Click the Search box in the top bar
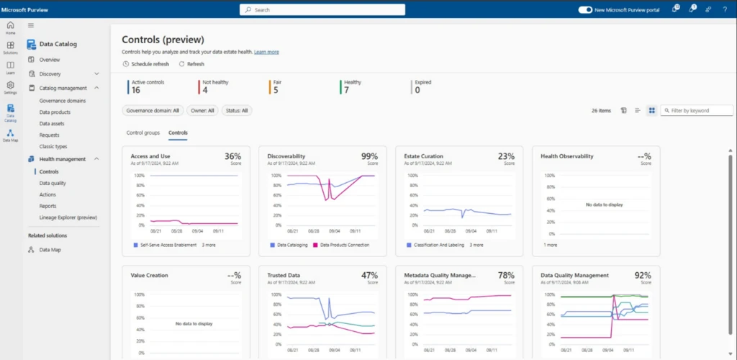pyautogui.click(x=322, y=10)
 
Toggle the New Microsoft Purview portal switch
pyautogui.click(x=585, y=10)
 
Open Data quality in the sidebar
pyautogui.click(x=53, y=183)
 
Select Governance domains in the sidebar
pyautogui.click(x=63, y=101)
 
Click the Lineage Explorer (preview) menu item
pyautogui.click(x=68, y=217)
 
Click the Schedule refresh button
pyautogui.click(x=146, y=64)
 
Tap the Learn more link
pyautogui.click(x=266, y=52)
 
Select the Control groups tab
pyautogui.click(x=143, y=132)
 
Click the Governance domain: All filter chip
pyautogui.click(x=153, y=111)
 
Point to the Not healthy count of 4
pyautogui.click(x=205, y=90)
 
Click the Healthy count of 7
pyautogui.click(x=347, y=90)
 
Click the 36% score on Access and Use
pyautogui.click(x=232, y=156)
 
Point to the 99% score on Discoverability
pyautogui.click(x=369, y=156)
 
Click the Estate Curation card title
pyautogui.click(x=423, y=156)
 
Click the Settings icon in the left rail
pyautogui.click(x=10, y=87)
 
